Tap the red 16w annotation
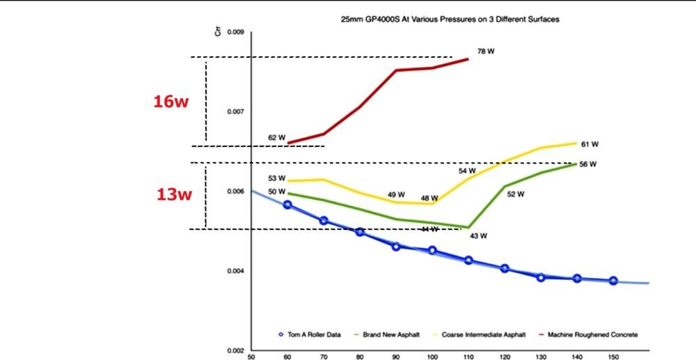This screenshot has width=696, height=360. (x=171, y=102)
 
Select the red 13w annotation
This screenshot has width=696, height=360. (x=173, y=194)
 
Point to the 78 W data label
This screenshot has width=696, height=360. (x=486, y=52)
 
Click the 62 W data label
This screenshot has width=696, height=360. (x=277, y=138)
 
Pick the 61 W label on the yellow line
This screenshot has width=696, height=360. (x=590, y=144)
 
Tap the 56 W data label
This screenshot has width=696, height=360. (x=588, y=164)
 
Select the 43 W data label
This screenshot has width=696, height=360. (x=478, y=235)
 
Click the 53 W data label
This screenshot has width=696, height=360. (x=277, y=178)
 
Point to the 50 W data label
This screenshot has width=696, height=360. (x=277, y=191)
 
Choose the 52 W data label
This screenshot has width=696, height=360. (x=515, y=194)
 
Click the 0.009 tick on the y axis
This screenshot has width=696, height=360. (x=235, y=32)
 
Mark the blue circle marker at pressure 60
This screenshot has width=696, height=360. (x=287, y=205)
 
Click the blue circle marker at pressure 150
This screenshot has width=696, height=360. (x=613, y=281)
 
